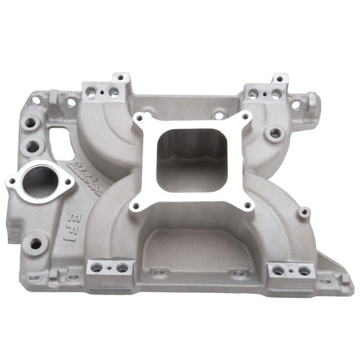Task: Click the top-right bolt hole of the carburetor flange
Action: (x=246, y=115)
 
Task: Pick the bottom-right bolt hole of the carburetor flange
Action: (x=246, y=205)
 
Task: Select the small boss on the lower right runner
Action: (x=305, y=212)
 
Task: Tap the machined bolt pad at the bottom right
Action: (x=289, y=270)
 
